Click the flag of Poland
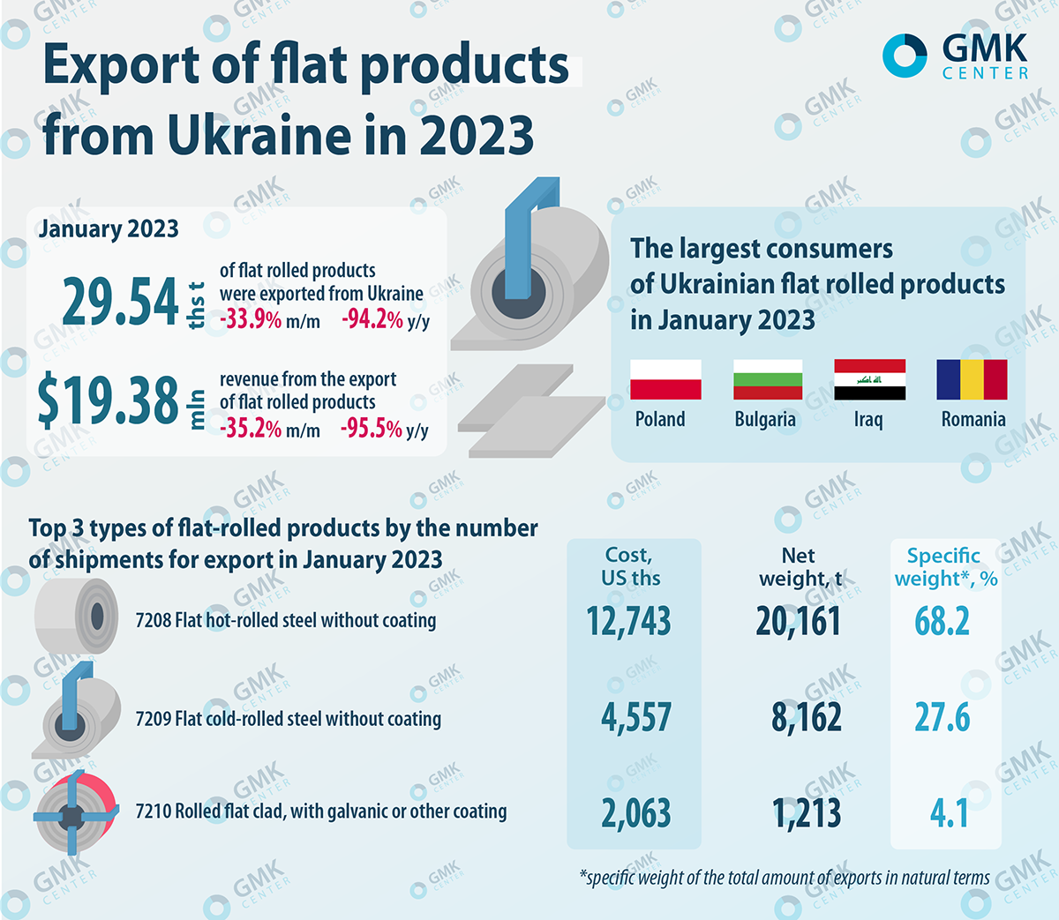pos(665,379)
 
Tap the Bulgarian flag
pos(768,379)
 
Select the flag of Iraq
pos(869,379)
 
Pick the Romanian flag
pos(972,379)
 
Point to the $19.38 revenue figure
pos(108,400)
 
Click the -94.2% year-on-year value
pos(372,319)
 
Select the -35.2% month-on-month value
pos(251,430)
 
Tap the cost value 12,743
pos(629,622)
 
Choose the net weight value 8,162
pos(807,718)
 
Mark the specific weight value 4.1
pos(949,813)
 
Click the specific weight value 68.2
pos(942,622)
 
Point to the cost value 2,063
pos(636,813)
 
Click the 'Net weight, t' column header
pos(799,566)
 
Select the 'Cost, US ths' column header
pos(630,566)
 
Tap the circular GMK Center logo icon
pos(905,56)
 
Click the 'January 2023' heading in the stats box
pos(109,229)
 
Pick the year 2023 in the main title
pos(477,136)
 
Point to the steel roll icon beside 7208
pos(77,616)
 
